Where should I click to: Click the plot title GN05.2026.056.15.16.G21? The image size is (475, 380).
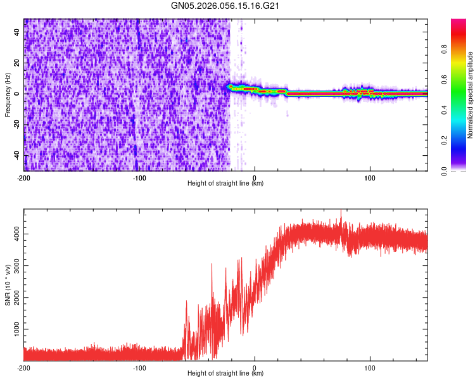coord(225,6)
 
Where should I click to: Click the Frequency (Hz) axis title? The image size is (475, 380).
coord(8,95)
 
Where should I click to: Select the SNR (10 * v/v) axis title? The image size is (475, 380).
coord(8,285)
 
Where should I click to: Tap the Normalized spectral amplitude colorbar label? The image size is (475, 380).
coord(471,95)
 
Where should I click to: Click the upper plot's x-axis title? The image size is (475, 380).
coord(225,183)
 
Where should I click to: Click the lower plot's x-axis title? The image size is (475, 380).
coord(225,373)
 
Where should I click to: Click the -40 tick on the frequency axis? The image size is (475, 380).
coord(15,155)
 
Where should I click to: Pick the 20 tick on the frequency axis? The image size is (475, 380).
coord(16,63)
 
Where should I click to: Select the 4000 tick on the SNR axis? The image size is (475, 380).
coord(13,234)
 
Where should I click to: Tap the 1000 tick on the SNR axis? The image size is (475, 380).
coord(13,330)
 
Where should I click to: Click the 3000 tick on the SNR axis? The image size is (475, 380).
coord(13,266)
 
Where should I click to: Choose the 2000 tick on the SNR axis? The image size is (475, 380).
coord(13,298)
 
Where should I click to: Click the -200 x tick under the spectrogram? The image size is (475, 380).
coord(24,177)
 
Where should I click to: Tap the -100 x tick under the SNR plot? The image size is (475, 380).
coord(139,367)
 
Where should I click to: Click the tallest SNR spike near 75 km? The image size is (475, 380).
coord(341,211)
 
